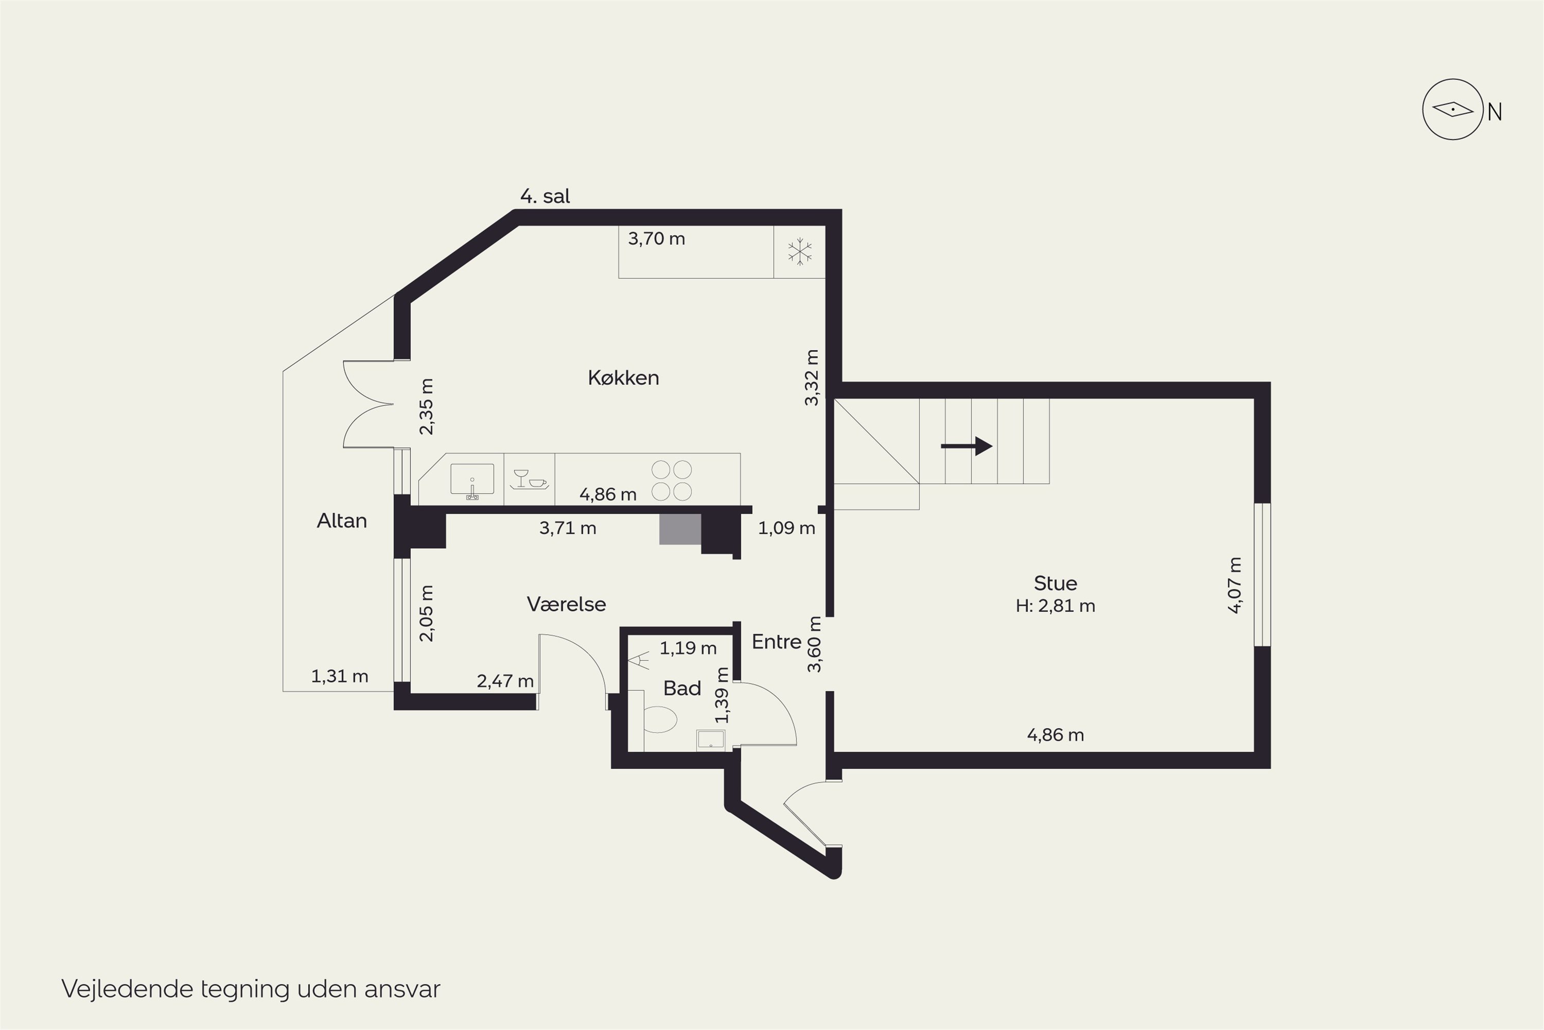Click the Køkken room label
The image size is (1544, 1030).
tap(623, 377)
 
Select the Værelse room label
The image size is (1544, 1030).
tap(566, 604)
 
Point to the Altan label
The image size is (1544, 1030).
tap(341, 521)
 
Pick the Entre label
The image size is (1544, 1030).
tap(777, 642)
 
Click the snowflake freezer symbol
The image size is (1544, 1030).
tap(800, 252)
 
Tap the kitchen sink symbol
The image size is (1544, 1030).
tap(472, 480)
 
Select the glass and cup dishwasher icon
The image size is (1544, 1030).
tap(529, 479)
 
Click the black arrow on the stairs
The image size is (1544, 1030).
tap(967, 446)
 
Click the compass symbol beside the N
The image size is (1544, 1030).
tap(1453, 109)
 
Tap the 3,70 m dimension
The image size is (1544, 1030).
tap(657, 238)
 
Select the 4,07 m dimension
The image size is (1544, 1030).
tap(1235, 585)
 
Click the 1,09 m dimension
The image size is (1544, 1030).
tap(786, 528)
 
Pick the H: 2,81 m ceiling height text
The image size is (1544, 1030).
tap(1055, 606)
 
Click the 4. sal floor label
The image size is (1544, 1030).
tap(545, 196)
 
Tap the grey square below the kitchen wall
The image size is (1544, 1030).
tap(680, 529)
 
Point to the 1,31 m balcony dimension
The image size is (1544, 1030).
tap(339, 676)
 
